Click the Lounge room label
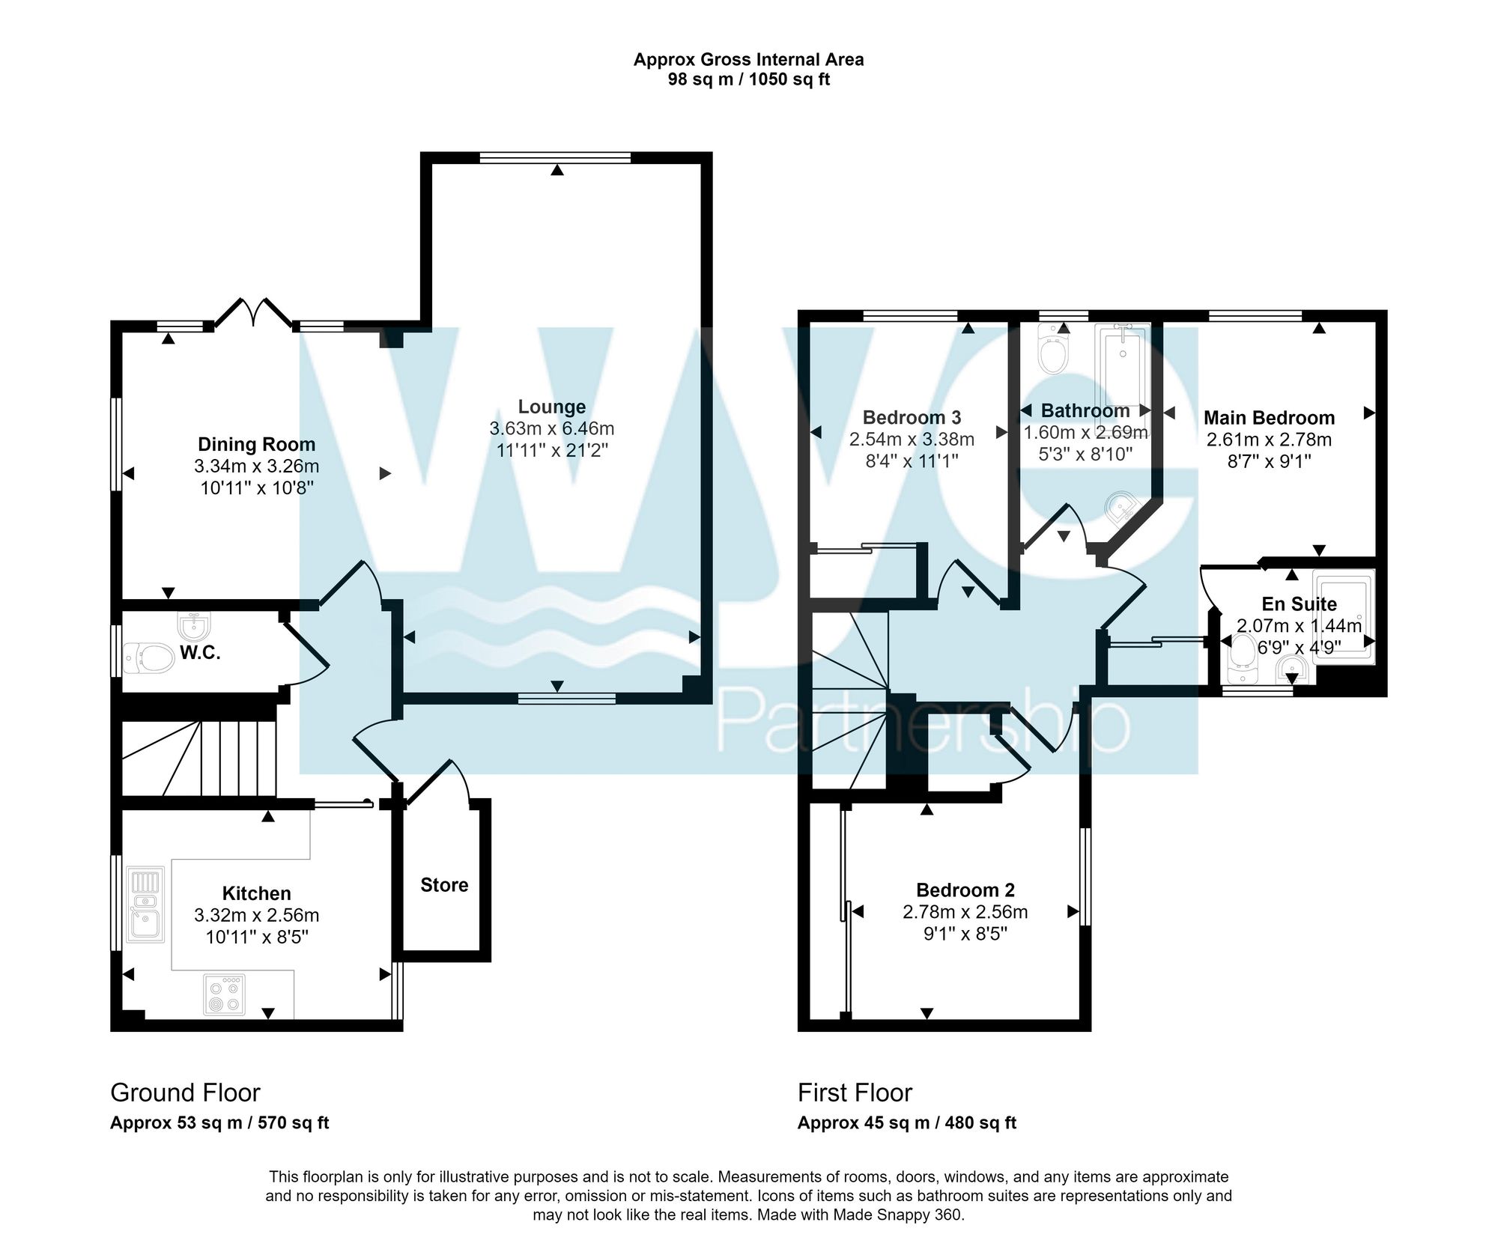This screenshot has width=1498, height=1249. click(x=552, y=407)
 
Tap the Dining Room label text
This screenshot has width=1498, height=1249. click(x=256, y=444)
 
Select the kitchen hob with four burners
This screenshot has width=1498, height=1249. click(x=224, y=994)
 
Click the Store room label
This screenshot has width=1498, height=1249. click(x=444, y=885)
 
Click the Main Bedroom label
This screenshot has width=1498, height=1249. click(x=1269, y=418)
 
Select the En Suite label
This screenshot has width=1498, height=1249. click(x=1299, y=604)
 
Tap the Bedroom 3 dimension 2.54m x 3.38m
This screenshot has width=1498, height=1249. click(x=912, y=440)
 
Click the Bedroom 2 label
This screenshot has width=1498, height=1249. click(x=965, y=890)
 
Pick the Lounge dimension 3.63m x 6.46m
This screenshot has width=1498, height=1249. click(x=552, y=429)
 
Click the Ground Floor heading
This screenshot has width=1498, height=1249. click(x=185, y=1093)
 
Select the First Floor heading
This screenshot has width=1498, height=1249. click(x=855, y=1093)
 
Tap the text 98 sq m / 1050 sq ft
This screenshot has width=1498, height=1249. click(x=748, y=79)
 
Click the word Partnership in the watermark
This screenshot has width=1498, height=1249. click(x=921, y=723)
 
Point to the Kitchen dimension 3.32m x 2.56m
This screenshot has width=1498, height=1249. click(x=256, y=915)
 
